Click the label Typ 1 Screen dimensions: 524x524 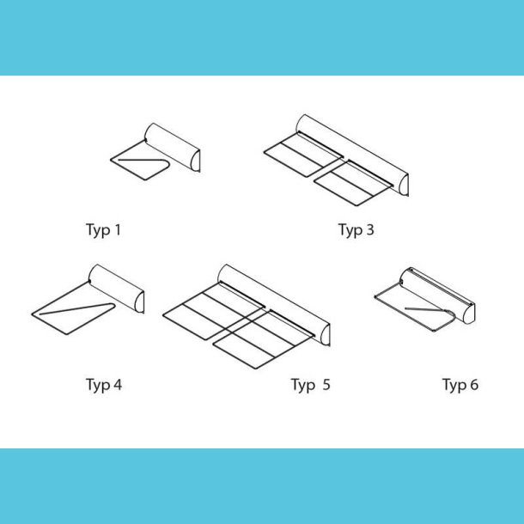(103, 230)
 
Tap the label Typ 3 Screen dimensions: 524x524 (356, 230)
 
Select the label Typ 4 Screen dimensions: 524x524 (104, 385)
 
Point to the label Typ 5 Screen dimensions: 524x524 (311, 385)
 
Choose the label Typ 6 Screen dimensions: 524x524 (460, 385)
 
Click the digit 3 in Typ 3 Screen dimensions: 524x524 (369, 229)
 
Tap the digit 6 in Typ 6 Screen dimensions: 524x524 (474, 384)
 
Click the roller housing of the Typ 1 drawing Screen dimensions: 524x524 (173, 147)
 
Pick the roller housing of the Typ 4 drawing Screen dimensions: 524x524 (117, 288)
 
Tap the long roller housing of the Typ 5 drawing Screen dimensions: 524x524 (274, 305)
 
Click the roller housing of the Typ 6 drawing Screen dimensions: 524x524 (438, 295)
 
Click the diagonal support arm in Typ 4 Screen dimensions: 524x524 (77, 308)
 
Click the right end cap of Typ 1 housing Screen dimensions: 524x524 (195, 161)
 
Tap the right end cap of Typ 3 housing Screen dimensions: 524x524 (404, 185)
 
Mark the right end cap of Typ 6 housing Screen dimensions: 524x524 (470, 313)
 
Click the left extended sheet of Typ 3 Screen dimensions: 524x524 (303, 155)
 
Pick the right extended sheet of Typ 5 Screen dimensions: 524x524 (264, 339)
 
